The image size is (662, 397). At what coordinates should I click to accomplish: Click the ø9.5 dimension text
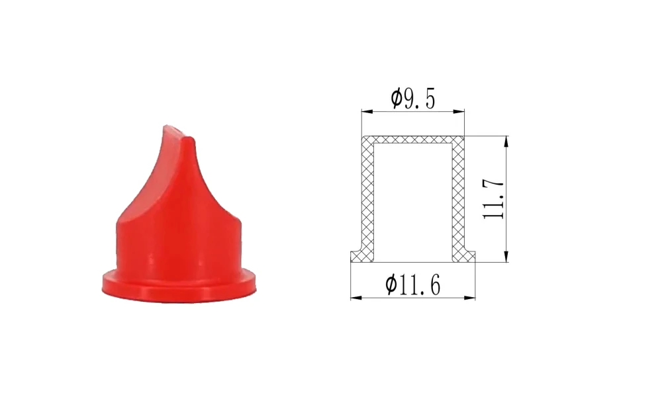click(412, 99)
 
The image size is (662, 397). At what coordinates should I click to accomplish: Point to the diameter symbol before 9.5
click(396, 99)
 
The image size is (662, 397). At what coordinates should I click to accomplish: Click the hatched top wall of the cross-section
click(412, 141)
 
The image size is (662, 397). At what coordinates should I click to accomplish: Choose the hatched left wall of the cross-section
click(367, 198)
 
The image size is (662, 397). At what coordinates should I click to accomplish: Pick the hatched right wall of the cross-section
click(458, 198)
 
